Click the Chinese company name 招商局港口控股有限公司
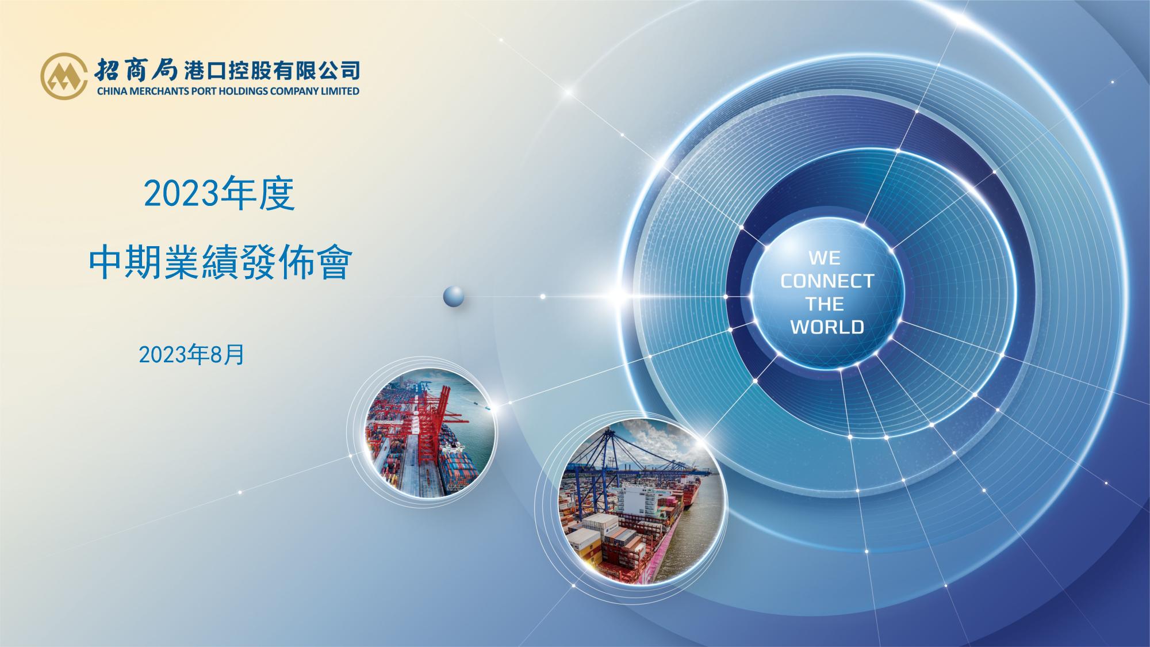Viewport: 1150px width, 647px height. click(227, 70)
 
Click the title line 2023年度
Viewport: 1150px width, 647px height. click(219, 195)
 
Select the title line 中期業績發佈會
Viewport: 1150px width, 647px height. click(220, 264)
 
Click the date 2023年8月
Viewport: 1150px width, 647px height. click(191, 355)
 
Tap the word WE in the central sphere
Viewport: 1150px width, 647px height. click(825, 258)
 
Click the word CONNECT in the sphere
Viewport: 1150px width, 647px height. click(827, 281)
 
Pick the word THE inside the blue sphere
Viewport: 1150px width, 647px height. click(825, 304)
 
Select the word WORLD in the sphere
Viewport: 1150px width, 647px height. click(827, 327)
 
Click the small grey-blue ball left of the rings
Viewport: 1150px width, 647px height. click(454, 296)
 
